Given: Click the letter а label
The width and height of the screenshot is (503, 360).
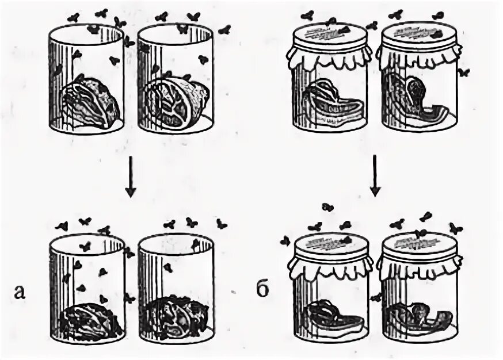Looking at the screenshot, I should [20, 293].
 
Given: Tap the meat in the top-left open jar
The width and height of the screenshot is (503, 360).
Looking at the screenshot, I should [91, 102].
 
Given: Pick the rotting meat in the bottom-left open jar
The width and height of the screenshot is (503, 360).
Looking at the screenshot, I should [90, 320].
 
